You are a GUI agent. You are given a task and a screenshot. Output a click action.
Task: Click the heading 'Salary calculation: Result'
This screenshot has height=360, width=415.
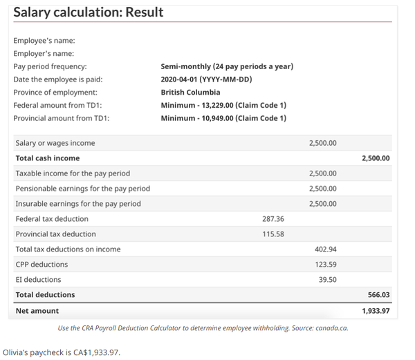coord(89,12)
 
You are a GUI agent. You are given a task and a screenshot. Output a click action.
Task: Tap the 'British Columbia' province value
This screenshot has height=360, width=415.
coord(190,92)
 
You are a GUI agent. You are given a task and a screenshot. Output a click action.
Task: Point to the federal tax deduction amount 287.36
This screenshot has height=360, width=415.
coord(273,219)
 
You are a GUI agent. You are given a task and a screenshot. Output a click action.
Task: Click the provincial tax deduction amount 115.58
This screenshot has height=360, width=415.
coord(273,234)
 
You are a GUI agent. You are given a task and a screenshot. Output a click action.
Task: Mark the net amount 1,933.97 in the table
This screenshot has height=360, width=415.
coord(376,311)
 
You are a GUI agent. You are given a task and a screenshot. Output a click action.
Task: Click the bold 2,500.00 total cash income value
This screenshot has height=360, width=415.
coord(376,158)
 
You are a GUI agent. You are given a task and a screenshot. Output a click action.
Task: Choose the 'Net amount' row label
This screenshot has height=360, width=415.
coord(37,311)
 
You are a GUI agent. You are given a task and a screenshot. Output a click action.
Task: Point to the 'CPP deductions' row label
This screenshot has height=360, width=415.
coord(41,265)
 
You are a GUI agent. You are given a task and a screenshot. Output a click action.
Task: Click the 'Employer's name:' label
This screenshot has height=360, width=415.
coord(44,53)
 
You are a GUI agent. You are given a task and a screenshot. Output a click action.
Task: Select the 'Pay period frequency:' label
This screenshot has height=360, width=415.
coord(50,66)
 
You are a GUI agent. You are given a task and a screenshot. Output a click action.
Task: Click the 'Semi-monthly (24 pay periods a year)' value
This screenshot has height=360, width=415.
coord(227,66)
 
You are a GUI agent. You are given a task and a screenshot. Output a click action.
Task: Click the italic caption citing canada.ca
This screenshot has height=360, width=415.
coord(203,328)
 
